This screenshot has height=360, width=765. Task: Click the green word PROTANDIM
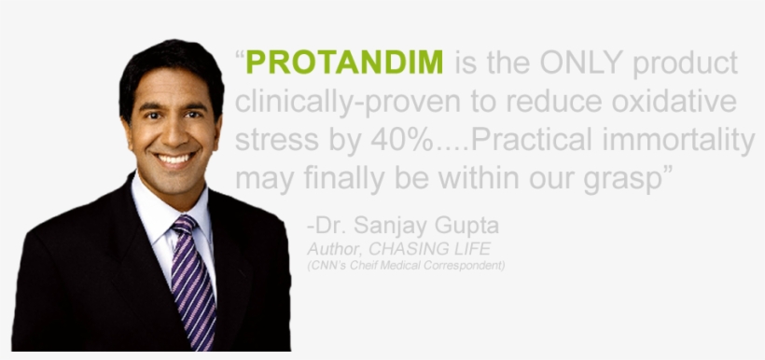click(345, 64)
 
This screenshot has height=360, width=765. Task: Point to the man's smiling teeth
click(174, 159)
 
